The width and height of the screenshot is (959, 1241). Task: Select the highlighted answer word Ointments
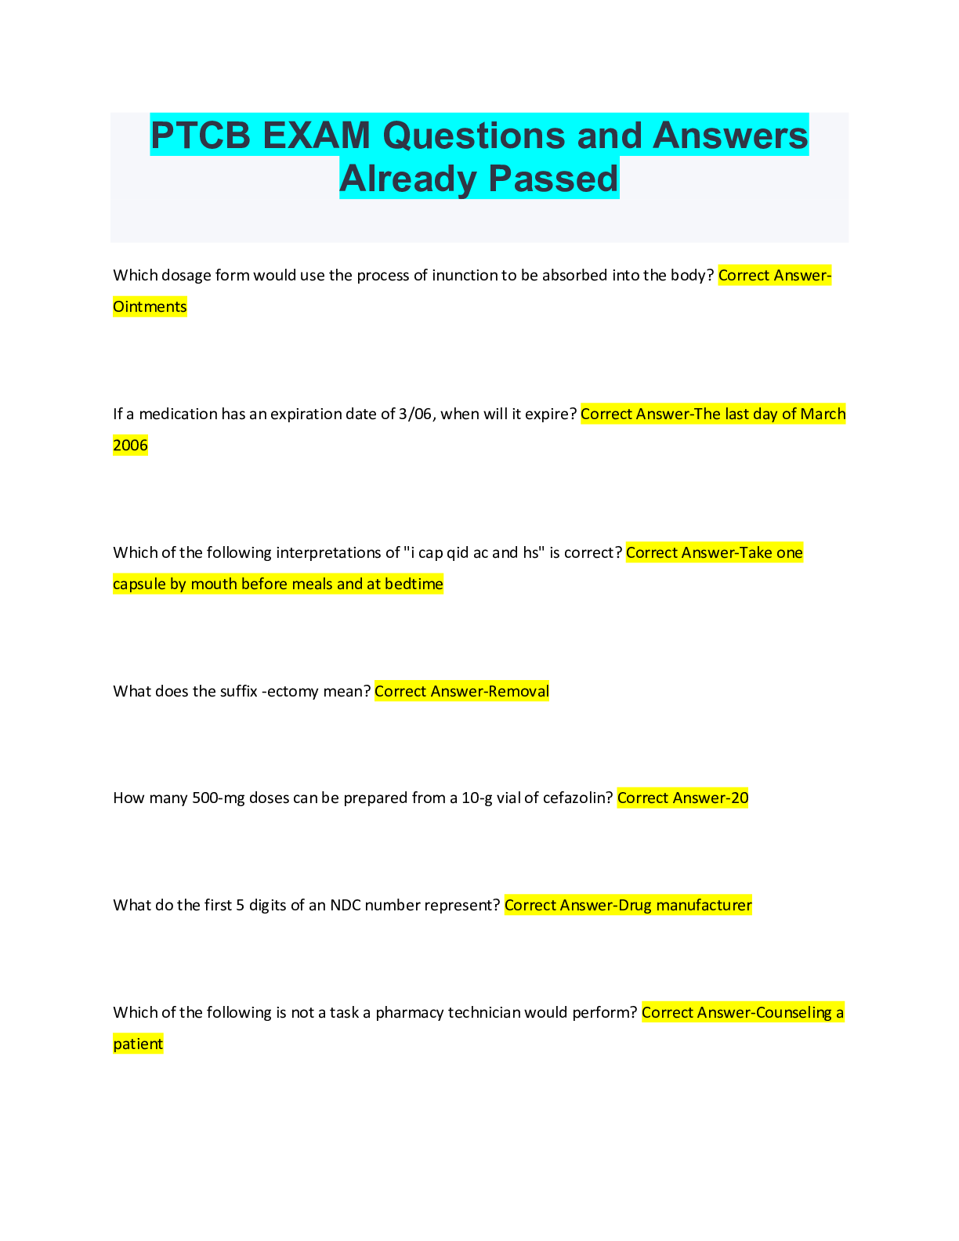point(150,307)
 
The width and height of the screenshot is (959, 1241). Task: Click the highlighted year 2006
point(130,446)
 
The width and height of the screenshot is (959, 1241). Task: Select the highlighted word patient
point(138,1044)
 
